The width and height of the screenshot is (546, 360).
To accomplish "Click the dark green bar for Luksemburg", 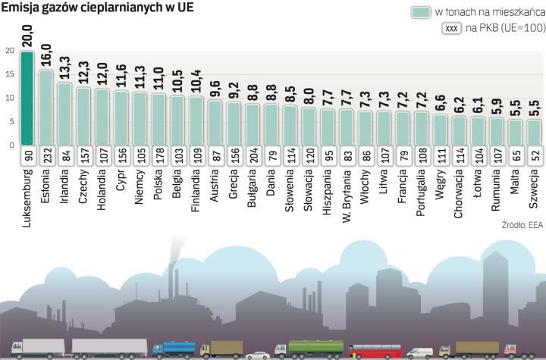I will (27, 99).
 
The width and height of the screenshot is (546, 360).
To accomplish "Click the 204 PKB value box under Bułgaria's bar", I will (253, 155).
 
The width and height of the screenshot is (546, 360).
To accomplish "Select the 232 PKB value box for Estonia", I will (45, 155).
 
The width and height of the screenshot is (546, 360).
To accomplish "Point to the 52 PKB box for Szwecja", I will (534, 155).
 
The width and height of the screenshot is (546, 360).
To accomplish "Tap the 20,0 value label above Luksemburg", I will (27, 36).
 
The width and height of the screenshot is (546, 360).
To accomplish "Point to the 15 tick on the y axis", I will (8, 74).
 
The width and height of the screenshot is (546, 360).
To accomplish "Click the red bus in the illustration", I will (376, 349).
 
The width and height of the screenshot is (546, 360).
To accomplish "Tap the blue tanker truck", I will (174, 349).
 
